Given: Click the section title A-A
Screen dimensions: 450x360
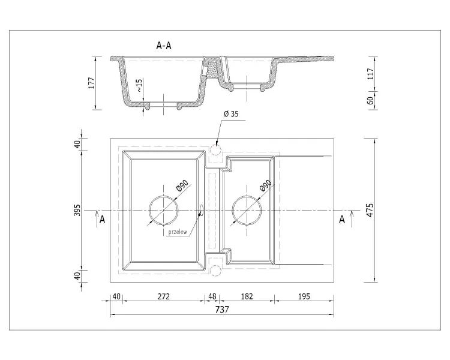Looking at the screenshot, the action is point(164,46).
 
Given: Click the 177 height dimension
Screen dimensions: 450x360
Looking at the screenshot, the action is point(92,83).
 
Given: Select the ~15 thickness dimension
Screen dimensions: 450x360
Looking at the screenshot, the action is point(139,85).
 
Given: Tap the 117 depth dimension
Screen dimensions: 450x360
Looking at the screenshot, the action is point(371,74).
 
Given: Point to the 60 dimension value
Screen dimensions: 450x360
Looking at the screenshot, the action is point(371,100).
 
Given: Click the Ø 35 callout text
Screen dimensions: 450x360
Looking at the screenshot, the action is point(231,114).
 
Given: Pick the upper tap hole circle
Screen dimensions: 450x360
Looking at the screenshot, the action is point(215,149).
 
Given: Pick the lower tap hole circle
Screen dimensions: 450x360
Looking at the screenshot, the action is point(215,271).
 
